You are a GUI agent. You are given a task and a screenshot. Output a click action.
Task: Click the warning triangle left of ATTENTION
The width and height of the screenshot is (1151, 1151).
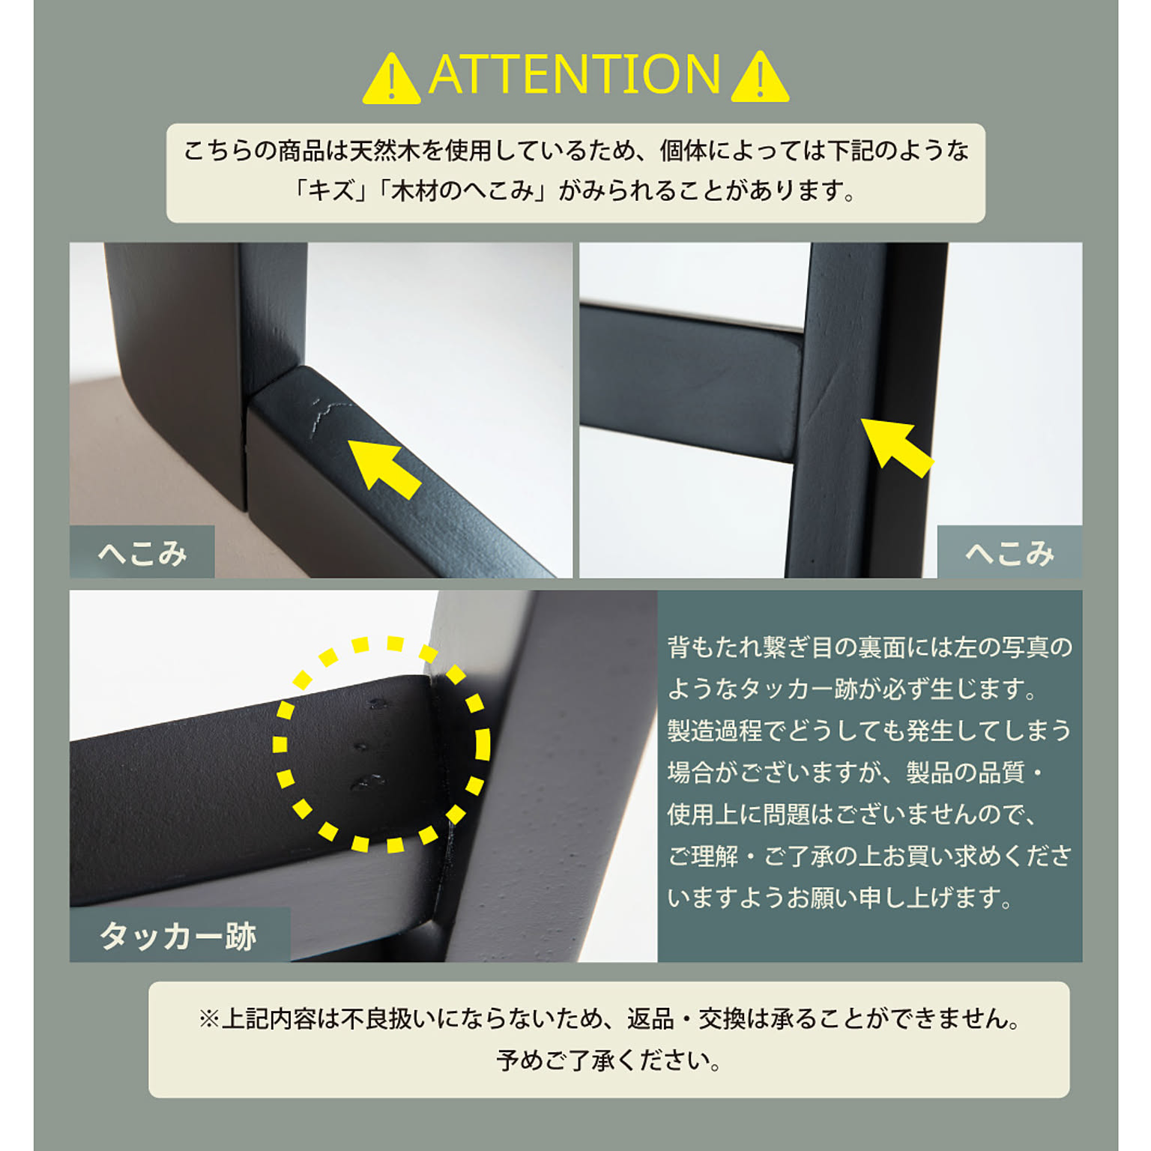391,78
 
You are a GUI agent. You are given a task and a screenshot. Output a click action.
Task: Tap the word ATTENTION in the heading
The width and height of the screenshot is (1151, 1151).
575,75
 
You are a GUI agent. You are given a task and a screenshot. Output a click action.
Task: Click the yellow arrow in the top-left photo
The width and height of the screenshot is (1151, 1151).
384,468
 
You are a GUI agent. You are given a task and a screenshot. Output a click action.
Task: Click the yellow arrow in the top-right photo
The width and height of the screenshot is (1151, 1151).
896,447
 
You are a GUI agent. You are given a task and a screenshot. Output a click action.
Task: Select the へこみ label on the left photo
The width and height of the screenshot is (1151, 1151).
142,554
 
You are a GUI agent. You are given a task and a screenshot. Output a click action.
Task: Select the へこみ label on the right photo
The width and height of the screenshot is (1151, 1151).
1009,554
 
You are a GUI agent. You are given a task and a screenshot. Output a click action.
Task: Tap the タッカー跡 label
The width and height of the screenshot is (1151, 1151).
178,936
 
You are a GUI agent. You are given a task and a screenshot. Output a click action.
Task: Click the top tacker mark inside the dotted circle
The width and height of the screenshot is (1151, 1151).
377,704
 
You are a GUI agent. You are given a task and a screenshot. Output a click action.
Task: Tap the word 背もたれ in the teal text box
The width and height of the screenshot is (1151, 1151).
714,647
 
